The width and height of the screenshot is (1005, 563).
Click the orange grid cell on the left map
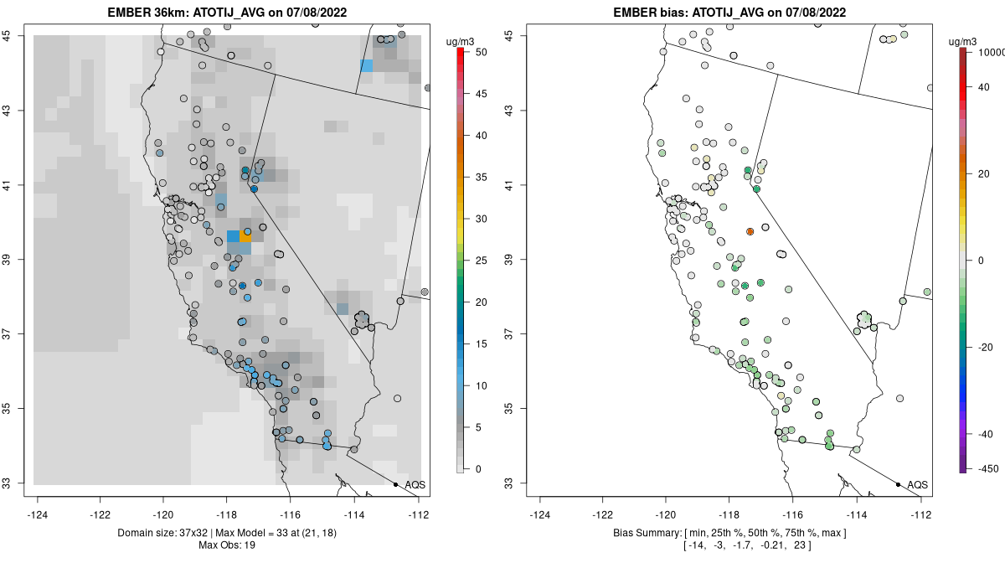245,236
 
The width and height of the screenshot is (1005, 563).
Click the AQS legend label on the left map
415,485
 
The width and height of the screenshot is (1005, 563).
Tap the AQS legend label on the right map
917,485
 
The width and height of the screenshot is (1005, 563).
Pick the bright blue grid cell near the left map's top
367,65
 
